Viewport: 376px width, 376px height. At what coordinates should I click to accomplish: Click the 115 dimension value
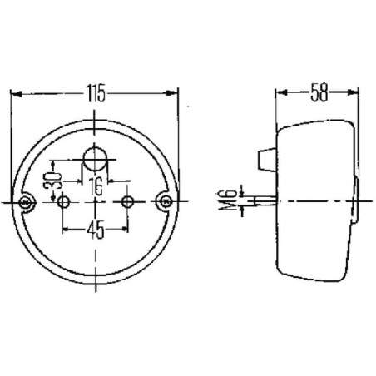tap(96, 93)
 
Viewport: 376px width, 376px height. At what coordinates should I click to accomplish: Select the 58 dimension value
tap(319, 92)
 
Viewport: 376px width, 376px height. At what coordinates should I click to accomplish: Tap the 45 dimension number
tap(96, 230)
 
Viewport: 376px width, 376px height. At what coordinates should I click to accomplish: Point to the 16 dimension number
tap(96, 186)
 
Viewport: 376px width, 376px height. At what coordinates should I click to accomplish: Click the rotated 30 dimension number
tap(52, 181)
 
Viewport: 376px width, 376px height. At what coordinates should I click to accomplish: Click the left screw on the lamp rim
tap(26, 202)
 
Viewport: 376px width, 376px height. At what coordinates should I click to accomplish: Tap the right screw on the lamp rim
tap(166, 201)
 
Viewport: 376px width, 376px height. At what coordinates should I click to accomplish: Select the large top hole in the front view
tap(95, 159)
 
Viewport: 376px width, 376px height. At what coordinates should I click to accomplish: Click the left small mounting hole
tap(63, 201)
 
